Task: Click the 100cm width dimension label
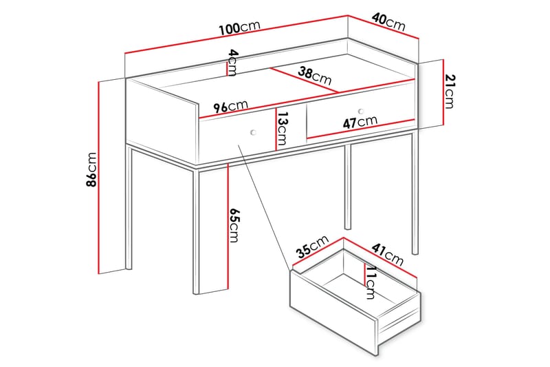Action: [x=239, y=28]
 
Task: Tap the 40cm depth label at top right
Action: [x=388, y=21]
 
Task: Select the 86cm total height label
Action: [x=91, y=169]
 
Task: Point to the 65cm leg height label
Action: [x=234, y=225]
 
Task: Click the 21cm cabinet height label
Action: [x=450, y=92]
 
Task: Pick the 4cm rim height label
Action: [x=233, y=63]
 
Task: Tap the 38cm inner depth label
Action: [x=315, y=76]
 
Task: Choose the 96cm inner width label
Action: [x=230, y=106]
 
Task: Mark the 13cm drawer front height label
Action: [x=281, y=129]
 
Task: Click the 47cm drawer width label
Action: [x=360, y=122]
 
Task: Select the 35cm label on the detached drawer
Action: [x=312, y=246]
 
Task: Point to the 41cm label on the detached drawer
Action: [x=388, y=254]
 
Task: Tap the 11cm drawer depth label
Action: [x=371, y=282]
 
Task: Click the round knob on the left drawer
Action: [x=253, y=132]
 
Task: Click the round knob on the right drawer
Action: [x=361, y=112]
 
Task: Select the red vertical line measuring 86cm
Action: [x=99, y=178]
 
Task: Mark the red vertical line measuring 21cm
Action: [x=443, y=92]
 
